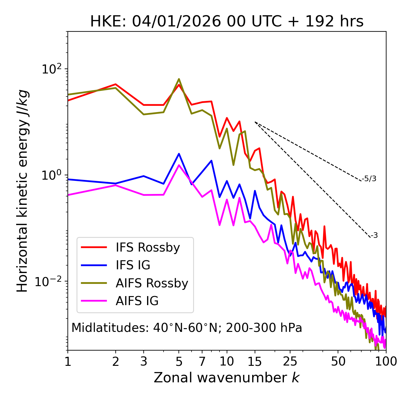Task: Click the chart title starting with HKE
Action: pyautogui.click(x=227, y=21)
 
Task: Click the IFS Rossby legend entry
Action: pyautogui.click(x=148, y=248)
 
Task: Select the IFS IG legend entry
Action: pyautogui.click(x=133, y=265)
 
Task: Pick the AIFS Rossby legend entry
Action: pyautogui.click(x=152, y=283)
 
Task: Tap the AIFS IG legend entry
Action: pyautogui.click(x=137, y=301)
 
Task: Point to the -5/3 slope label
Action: pyautogui.click(x=369, y=179)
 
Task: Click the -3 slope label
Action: pyautogui.click(x=374, y=236)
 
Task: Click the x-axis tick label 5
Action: pyautogui.click(x=179, y=361)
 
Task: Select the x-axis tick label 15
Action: pyautogui.click(x=255, y=361)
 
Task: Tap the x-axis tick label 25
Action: pyautogui.click(x=290, y=361)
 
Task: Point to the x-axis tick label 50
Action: pyautogui.click(x=338, y=361)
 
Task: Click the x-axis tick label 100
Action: pyautogui.click(x=386, y=361)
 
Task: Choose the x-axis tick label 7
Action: pyautogui.click(x=202, y=361)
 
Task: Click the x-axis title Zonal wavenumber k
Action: pyautogui.click(x=227, y=378)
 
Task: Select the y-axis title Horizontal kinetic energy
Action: pyautogui.click(x=22, y=191)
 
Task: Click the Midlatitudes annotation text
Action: pyautogui.click(x=187, y=328)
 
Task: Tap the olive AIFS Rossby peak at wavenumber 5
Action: pyautogui.click(x=179, y=79)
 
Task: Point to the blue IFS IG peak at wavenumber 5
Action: pyautogui.click(x=179, y=154)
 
